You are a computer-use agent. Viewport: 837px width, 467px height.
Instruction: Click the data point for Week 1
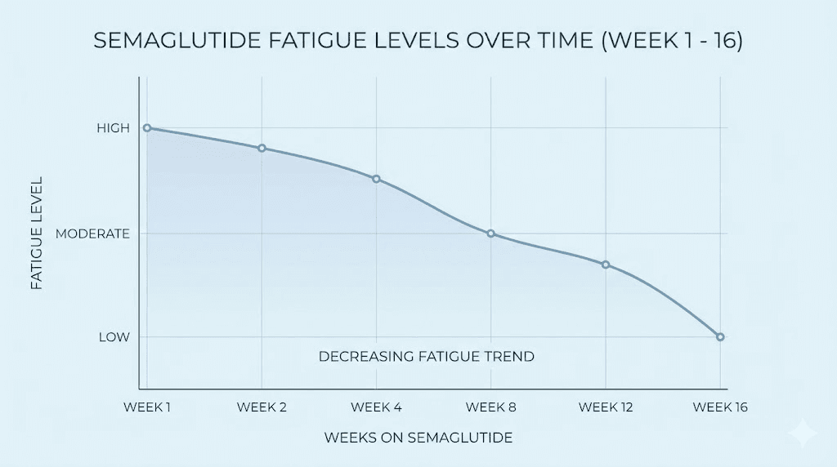(x=147, y=128)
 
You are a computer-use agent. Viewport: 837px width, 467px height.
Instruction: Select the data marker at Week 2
(x=262, y=148)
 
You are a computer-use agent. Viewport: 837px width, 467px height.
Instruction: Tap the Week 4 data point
(x=376, y=179)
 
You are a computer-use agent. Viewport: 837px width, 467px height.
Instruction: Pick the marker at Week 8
(x=490, y=233)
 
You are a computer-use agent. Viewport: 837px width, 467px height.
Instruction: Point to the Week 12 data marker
(x=606, y=265)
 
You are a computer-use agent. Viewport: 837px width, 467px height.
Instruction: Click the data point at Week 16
(x=720, y=336)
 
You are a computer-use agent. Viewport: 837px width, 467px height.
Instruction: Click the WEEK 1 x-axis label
(x=147, y=407)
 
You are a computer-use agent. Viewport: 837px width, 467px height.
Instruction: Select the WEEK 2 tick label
(x=262, y=407)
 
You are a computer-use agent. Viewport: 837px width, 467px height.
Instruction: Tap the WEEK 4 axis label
(x=376, y=407)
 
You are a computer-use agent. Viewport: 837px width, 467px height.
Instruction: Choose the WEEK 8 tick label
(x=490, y=407)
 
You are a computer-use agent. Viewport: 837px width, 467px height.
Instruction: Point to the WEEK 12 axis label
(x=606, y=407)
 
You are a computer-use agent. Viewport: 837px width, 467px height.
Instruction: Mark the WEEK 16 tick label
(x=720, y=407)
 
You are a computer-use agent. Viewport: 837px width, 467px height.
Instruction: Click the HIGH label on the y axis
(x=113, y=128)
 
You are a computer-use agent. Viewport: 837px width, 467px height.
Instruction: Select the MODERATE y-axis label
(x=92, y=233)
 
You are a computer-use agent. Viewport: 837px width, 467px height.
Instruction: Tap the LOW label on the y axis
(x=115, y=336)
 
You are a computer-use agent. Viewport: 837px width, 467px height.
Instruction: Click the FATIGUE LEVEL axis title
(x=36, y=233)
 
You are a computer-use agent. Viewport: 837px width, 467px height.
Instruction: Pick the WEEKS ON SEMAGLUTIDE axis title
(x=418, y=438)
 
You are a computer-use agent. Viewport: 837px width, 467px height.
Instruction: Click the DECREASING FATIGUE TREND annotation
(x=426, y=357)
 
